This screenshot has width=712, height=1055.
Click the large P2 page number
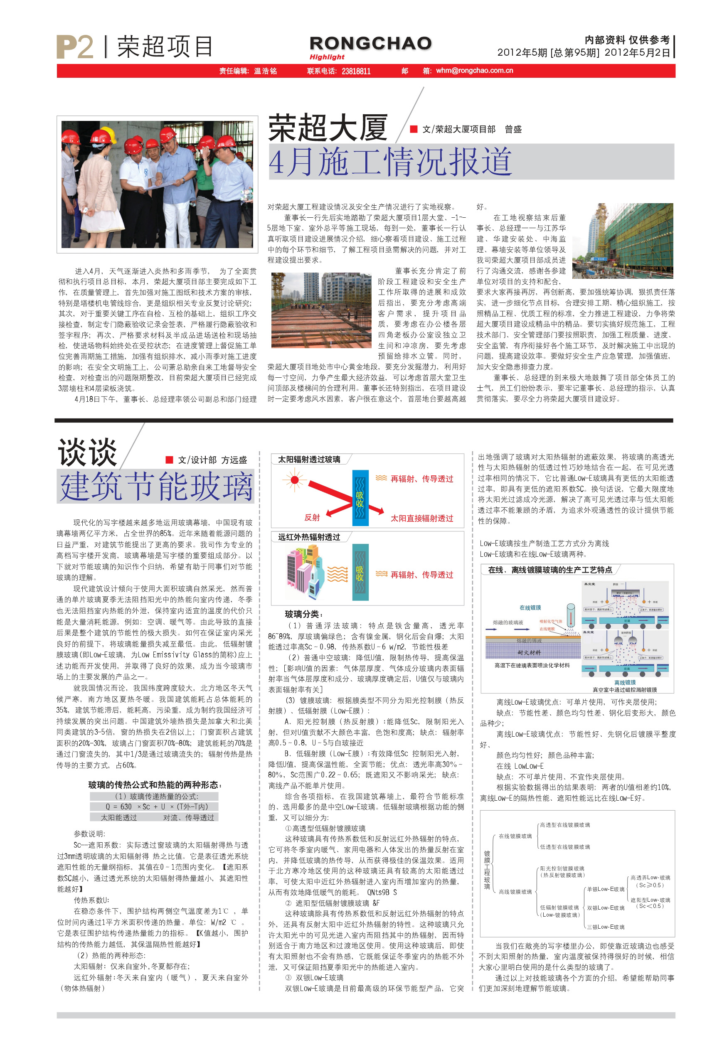(x=74, y=47)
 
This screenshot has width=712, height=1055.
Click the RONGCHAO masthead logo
(x=370, y=44)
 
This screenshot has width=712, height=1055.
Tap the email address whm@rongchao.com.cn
(x=474, y=71)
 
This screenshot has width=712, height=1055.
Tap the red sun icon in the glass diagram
(x=294, y=480)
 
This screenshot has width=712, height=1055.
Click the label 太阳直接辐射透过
(x=422, y=519)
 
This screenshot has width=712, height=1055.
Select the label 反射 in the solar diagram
(x=312, y=517)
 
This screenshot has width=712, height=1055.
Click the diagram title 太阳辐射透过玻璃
(x=309, y=460)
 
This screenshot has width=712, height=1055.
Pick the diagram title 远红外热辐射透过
(x=309, y=537)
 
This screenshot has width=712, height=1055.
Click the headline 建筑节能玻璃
(x=156, y=487)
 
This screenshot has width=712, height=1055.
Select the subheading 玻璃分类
(x=304, y=614)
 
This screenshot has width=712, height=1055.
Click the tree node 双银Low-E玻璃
(x=605, y=907)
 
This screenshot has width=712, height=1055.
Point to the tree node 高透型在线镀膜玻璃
(x=565, y=825)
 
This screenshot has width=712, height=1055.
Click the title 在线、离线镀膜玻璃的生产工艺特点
(x=550, y=570)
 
